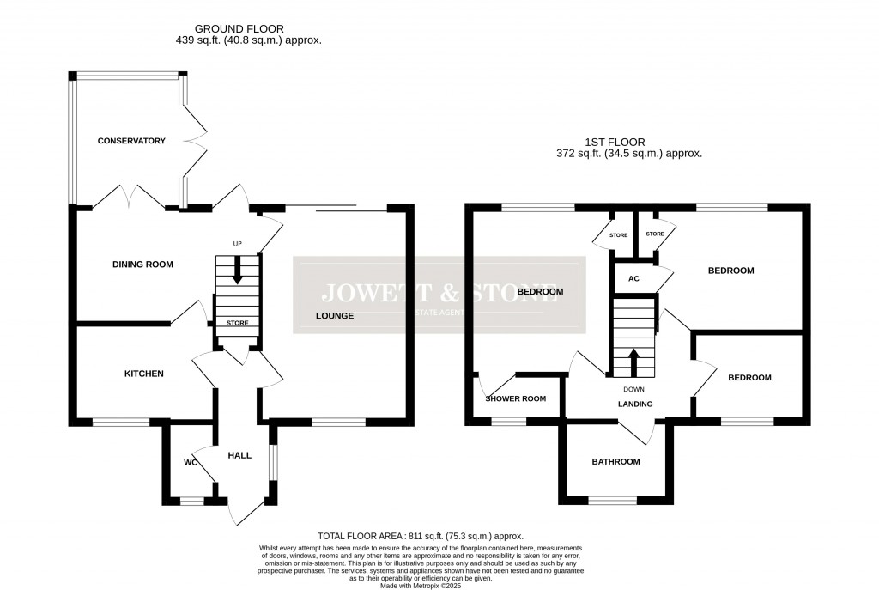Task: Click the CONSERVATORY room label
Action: pyautogui.click(x=131, y=140)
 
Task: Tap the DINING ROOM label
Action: pyautogui.click(x=142, y=265)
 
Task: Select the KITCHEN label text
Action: pyautogui.click(x=143, y=374)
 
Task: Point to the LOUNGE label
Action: pyautogui.click(x=334, y=316)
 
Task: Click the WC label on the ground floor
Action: pyautogui.click(x=191, y=463)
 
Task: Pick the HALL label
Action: pyautogui.click(x=239, y=455)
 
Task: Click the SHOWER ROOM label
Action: pyautogui.click(x=516, y=398)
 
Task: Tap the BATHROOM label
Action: pyautogui.click(x=615, y=462)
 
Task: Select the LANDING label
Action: pyautogui.click(x=635, y=404)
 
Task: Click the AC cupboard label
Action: pyautogui.click(x=634, y=279)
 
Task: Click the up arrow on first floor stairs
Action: pyautogui.click(x=634, y=359)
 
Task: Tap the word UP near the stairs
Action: pyautogui.click(x=238, y=245)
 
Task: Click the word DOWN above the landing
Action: pyautogui.click(x=634, y=389)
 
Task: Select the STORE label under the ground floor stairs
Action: pyautogui.click(x=238, y=323)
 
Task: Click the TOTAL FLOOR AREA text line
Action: pyautogui.click(x=420, y=535)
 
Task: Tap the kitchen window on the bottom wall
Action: pyautogui.click(x=120, y=421)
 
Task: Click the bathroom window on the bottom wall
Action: pyautogui.click(x=613, y=501)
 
